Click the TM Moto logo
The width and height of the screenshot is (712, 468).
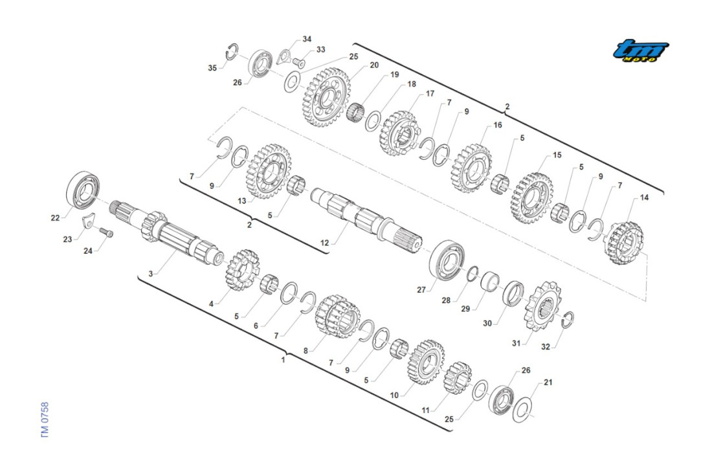[x=640, y=50]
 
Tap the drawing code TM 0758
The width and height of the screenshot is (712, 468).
[x=44, y=419]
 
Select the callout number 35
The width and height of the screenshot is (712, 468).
[x=212, y=68]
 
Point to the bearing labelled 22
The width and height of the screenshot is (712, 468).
[x=83, y=190]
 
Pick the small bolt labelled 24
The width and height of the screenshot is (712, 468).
[x=106, y=233]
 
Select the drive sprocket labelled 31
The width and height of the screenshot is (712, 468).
[x=542, y=306]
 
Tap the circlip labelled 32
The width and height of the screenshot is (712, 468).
[x=568, y=320]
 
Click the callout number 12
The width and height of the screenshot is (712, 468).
[x=324, y=243]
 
